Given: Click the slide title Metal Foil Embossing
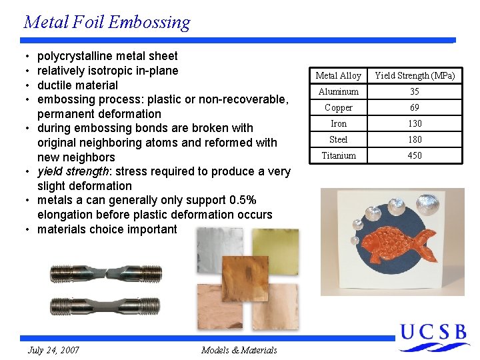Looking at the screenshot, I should [x=107, y=22].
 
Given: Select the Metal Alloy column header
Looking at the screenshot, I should [x=338, y=75].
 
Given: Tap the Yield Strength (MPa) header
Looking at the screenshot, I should [x=415, y=75].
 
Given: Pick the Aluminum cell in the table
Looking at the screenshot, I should [x=338, y=91].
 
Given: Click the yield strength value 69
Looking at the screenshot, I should [x=415, y=107].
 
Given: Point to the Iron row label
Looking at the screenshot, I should [x=338, y=123].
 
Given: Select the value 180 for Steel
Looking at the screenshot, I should [x=415, y=139].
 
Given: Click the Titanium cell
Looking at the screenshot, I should [x=338, y=155].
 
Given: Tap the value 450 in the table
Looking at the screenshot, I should [x=415, y=155].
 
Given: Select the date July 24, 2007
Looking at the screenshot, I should [x=53, y=350].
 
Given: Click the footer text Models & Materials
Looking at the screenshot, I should [x=239, y=350].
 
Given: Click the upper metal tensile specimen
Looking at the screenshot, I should [x=105, y=273].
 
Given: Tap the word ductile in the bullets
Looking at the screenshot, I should [x=55, y=85].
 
